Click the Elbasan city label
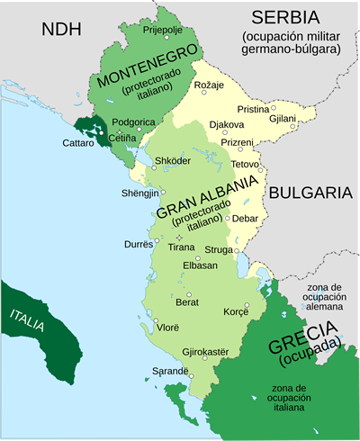[199, 265]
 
